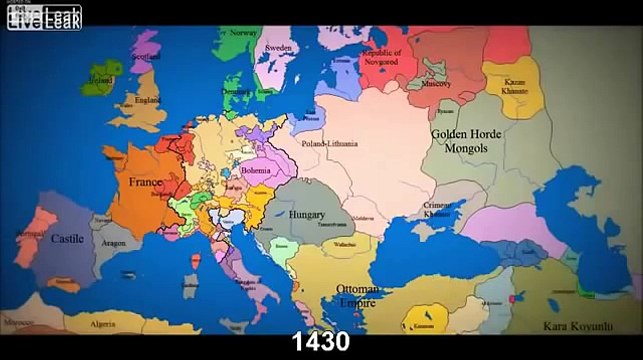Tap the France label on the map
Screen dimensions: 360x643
146,183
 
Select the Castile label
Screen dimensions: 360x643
67,239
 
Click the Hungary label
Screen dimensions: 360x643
307,214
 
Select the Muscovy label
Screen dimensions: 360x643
436,85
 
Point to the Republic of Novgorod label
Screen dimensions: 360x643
381,57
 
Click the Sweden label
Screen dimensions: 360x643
278,47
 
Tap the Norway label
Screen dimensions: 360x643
244,33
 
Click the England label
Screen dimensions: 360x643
149,101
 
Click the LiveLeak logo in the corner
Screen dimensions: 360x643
42,14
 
